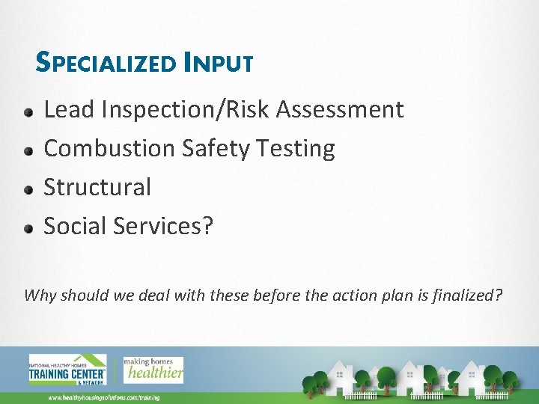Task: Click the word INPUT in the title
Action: pyautogui.click(x=218, y=62)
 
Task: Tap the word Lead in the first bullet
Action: pyautogui.click(x=70, y=110)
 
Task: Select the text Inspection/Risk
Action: pyautogui.click(x=186, y=110)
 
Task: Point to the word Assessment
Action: pyautogui.click(x=340, y=110)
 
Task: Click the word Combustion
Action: pyautogui.click(x=110, y=149)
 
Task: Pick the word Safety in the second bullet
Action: pyautogui.click(x=216, y=149)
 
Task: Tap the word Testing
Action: pyautogui.click(x=296, y=149)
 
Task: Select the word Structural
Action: pyautogui.click(x=97, y=187)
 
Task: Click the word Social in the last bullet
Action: pyautogui.click(x=76, y=226)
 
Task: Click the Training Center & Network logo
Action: pyautogui.click(x=67, y=369)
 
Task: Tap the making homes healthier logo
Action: pyautogui.click(x=153, y=367)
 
